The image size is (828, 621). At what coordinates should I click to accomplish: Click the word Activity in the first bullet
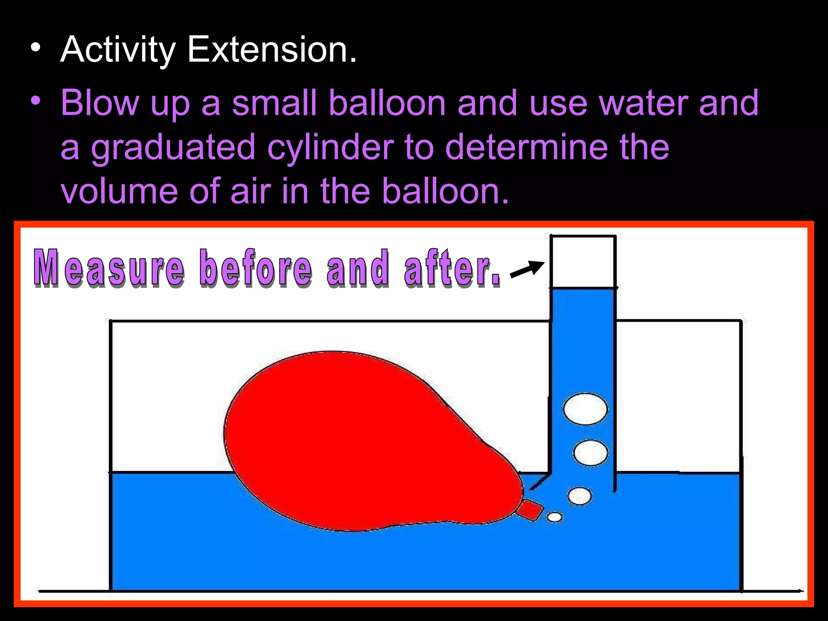pos(118,50)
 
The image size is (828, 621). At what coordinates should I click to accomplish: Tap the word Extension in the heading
pos(272,50)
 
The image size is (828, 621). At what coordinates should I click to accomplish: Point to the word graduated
pos(173,148)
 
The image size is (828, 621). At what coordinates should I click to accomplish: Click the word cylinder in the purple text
pos(330,148)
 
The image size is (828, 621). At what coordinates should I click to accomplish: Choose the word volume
pos(119,191)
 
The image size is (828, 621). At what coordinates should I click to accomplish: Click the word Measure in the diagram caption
pos(109,268)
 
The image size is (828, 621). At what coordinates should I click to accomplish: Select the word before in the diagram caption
pos(256,268)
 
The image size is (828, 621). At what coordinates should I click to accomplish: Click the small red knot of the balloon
pos(530,510)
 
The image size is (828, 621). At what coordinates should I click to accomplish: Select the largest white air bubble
pos(585,409)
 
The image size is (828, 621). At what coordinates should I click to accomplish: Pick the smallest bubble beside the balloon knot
pos(554,517)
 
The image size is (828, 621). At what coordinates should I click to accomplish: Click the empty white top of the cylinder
pos(583,262)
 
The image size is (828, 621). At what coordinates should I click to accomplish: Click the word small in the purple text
pos(274,103)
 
